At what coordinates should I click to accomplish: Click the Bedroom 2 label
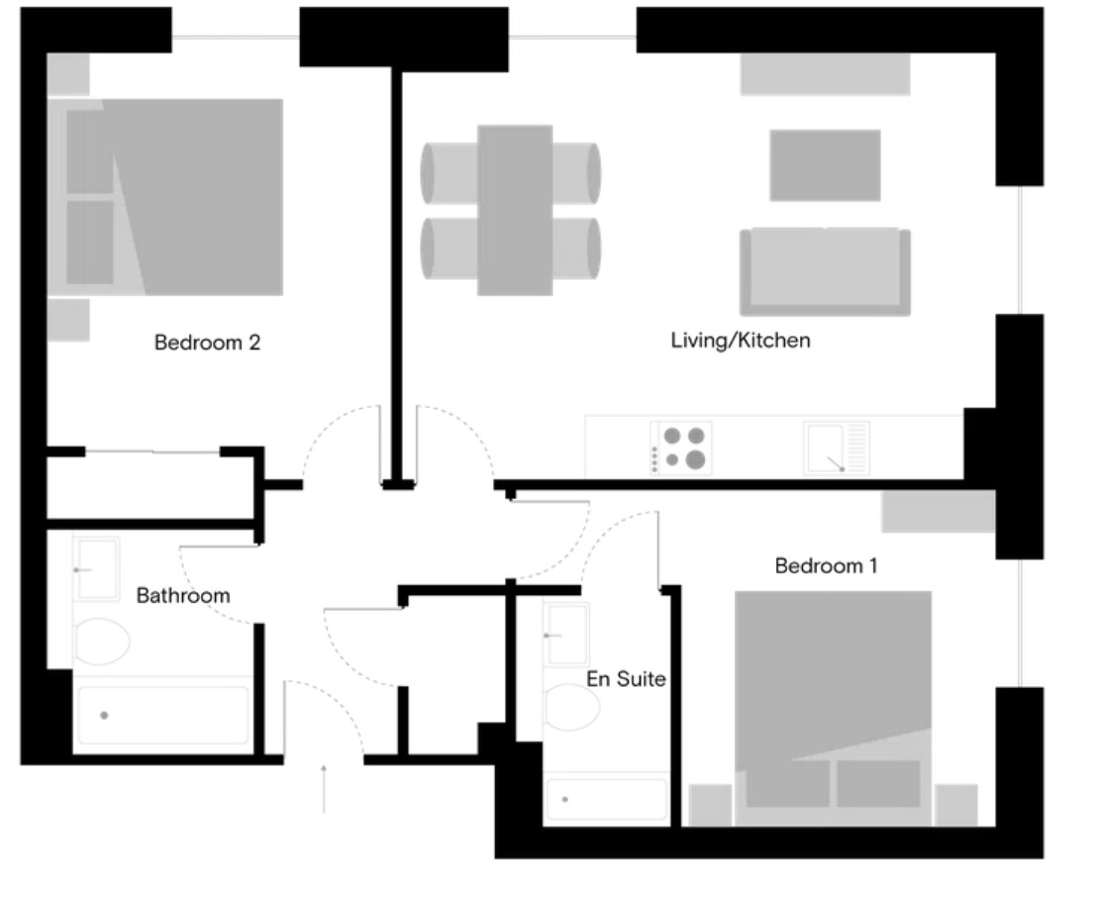[x=207, y=344]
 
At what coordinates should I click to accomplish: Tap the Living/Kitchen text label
[x=741, y=341]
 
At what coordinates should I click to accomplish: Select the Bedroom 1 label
[x=826, y=566]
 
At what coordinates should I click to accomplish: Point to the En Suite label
[x=626, y=680]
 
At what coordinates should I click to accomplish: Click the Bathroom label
[x=183, y=596]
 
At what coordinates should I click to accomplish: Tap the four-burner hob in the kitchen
[x=682, y=447]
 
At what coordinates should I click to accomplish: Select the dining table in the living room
[x=514, y=210]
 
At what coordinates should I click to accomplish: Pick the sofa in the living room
[x=824, y=271]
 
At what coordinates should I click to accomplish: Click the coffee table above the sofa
[x=825, y=164]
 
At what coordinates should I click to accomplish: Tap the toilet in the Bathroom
[x=100, y=642]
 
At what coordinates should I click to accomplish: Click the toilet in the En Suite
[x=571, y=707]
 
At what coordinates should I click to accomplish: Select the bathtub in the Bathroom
[x=162, y=715]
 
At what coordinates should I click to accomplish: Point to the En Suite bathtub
[x=606, y=799]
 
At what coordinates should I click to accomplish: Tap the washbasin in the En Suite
[x=567, y=634]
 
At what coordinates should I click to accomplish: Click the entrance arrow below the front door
[x=324, y=787]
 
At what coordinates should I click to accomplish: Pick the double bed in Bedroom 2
[x=173, y=196]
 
